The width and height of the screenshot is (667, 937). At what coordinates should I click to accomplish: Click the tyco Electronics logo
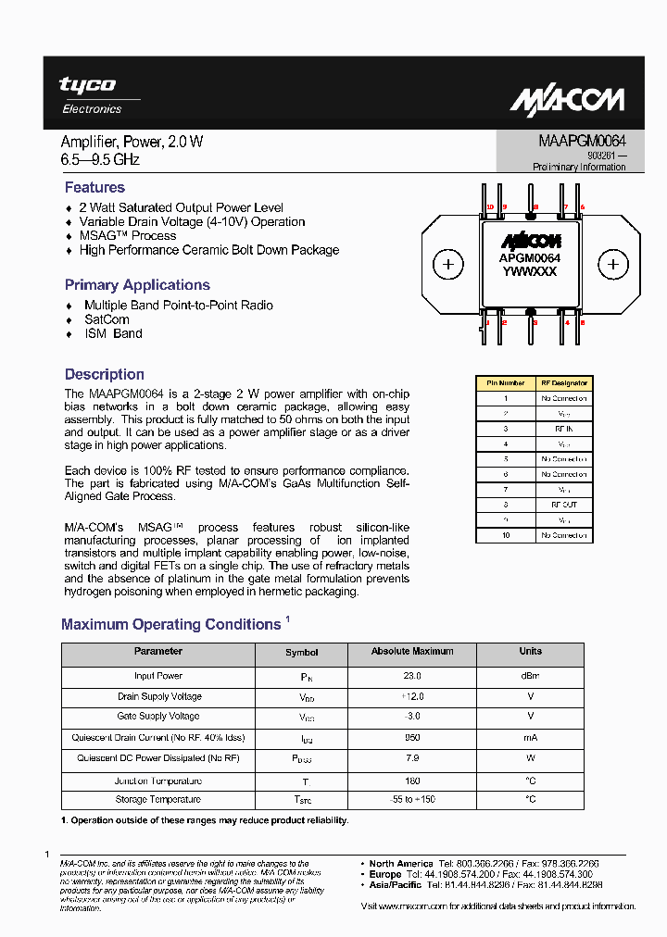tap(90, 94)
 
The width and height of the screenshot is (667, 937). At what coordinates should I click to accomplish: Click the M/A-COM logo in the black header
tap(567, 100)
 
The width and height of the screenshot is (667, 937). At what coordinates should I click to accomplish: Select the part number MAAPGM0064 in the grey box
tap(582, 141)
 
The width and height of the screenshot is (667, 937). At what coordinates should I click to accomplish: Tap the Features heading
tap(94, 187)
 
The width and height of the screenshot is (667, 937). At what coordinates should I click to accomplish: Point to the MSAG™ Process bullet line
tap(127, 235)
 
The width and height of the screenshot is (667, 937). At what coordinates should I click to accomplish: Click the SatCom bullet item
tap(107, 319)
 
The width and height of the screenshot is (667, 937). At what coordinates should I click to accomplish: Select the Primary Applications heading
tap(137, 285)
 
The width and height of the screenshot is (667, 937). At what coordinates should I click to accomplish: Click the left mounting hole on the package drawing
tap(448, 265)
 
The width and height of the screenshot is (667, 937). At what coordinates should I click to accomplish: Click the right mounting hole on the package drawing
tap(612, 265)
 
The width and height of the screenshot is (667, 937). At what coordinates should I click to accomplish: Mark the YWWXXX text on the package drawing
tap(530, 271)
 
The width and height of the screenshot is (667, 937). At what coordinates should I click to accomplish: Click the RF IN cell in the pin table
tap(563, 429)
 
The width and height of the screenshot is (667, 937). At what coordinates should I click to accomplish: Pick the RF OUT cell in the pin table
tap(563, 505)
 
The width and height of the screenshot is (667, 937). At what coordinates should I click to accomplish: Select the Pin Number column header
tap(505, 382)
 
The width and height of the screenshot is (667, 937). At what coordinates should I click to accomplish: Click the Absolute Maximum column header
tap(412, 652)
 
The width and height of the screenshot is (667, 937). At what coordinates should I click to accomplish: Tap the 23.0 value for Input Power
tap(412, 676)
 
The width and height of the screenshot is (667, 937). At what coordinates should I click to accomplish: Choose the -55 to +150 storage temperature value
tap(412, 799)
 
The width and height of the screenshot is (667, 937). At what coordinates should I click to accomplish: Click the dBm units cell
tap(530, 676)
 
